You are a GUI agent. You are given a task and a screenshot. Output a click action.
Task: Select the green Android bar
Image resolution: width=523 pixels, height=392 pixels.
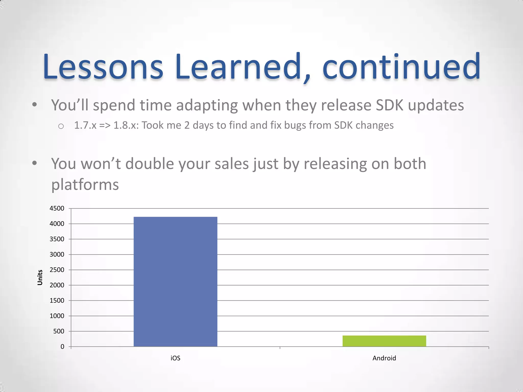[x=384, y=341]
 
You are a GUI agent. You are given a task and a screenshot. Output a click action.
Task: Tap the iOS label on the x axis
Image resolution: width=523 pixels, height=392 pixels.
[x=175, y=358]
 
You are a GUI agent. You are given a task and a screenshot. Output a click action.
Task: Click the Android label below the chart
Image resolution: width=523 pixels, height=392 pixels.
[x=384, y=358]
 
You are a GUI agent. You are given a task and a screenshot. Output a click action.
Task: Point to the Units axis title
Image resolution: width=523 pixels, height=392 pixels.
[x=40, y=277]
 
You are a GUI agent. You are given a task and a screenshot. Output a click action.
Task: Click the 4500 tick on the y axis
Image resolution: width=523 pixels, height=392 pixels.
[x=57, y=209]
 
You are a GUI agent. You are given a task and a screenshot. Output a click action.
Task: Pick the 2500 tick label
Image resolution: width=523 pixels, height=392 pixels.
[x=57, y=270]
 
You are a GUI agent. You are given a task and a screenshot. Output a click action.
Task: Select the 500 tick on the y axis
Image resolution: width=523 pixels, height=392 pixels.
[x=58, y=331]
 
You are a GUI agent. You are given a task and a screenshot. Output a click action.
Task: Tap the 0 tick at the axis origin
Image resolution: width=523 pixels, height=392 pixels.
[x=62, y=347]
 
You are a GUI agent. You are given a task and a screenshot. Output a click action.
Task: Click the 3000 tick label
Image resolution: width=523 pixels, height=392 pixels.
[x=57, y=254]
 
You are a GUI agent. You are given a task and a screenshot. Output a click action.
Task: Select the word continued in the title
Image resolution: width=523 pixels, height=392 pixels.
[x=401, y=67]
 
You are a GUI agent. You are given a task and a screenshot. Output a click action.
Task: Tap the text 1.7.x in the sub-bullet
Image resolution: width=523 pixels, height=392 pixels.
[x=85, y=125]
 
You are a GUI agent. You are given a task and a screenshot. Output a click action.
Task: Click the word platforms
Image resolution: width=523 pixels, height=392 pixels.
[x=85, y=185]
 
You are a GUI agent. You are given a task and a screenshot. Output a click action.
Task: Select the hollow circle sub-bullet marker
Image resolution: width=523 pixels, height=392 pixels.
[x=61, y=126]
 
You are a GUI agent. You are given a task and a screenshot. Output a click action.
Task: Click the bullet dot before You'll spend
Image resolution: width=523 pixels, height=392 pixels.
[x=35, y=105]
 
